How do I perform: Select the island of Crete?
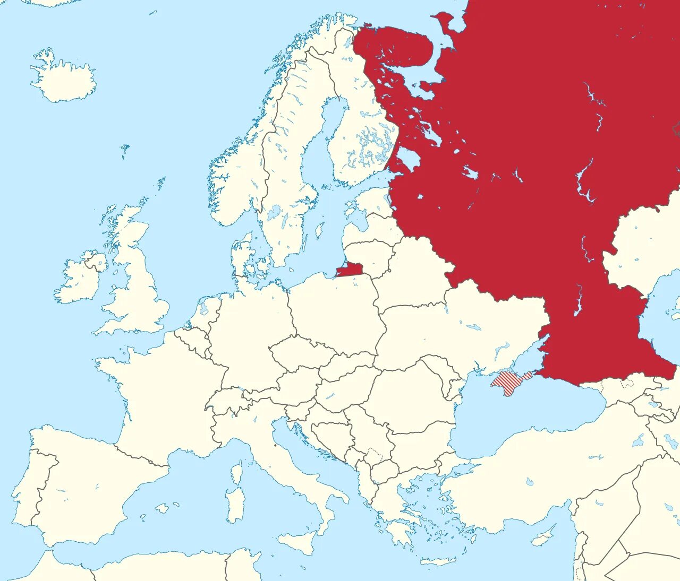click(438, 561)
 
